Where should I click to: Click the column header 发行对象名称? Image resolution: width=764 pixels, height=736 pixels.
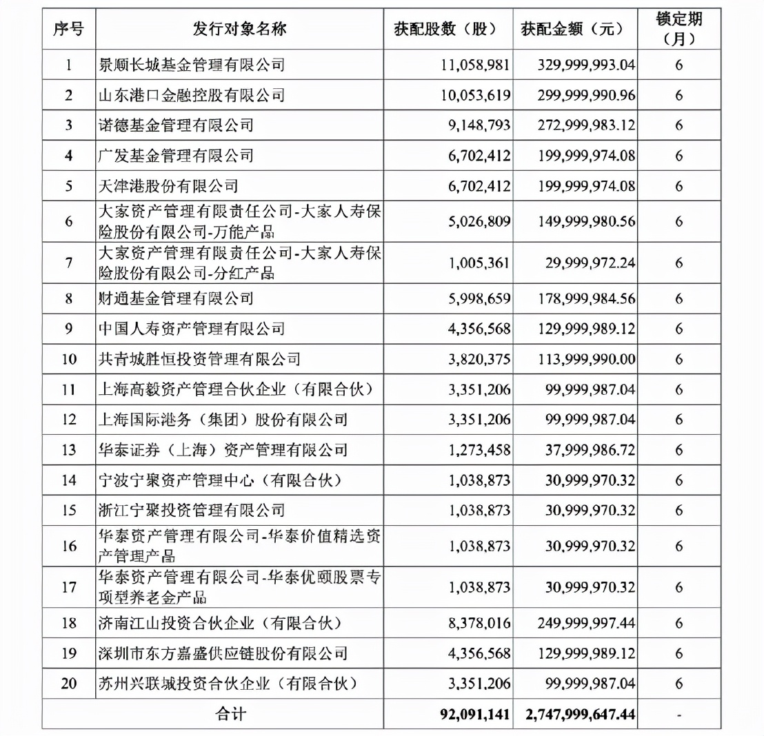(x=240, y=29)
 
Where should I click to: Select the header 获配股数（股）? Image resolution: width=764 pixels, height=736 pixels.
(x=449, y=29)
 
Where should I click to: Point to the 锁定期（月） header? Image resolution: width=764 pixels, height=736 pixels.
(x=678, y=29)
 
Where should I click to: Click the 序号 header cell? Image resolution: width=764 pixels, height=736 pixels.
(x=68, y=29)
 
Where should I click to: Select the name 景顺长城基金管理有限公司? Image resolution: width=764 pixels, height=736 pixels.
(x=192, y=65)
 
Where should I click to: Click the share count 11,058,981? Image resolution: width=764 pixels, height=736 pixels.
(x=475, y=65)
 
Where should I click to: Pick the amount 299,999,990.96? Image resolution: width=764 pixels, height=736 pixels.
(x=585, y=96)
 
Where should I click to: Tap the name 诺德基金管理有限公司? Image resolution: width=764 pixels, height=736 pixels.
(x=177, y=126)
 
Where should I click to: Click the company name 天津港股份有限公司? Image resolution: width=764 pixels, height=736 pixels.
(x=169, y=186)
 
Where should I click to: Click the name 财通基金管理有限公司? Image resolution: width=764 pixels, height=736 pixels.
(x=177, y=298)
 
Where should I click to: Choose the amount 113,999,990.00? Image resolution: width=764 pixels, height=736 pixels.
(x=585, y=358)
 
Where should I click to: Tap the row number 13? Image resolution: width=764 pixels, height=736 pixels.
(x=68, y=450)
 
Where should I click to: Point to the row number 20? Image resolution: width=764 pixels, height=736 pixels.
(x=68, y=683)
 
